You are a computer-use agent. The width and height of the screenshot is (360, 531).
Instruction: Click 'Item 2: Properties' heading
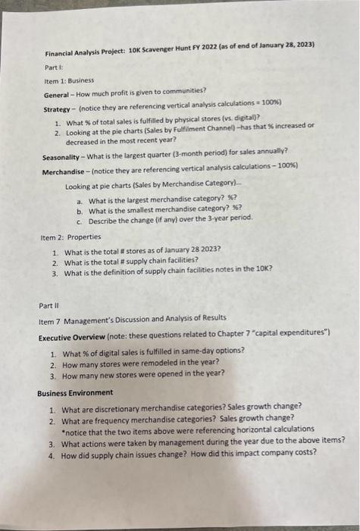tap(70, 237)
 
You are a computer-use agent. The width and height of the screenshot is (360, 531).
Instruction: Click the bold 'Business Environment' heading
tap(76, 392)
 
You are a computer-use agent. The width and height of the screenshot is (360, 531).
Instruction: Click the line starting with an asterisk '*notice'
tap(182, 429)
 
